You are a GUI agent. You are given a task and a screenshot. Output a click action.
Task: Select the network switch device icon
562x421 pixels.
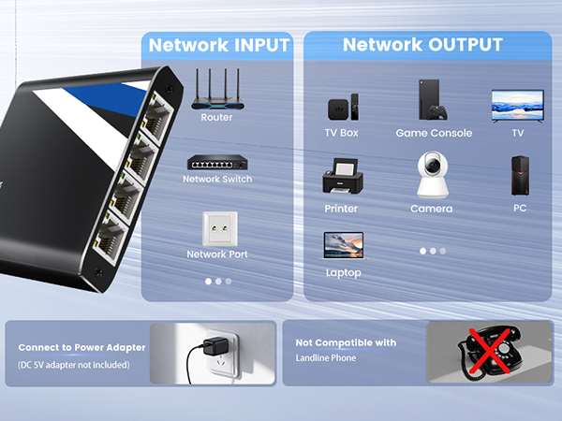click(x=217, y=163)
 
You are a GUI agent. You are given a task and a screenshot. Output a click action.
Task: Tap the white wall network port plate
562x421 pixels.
click(x=220, y=229)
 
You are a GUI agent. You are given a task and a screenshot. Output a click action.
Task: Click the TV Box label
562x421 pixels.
click(x=341, y=133)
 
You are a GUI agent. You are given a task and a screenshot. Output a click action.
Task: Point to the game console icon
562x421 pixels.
click(x=433, y=100)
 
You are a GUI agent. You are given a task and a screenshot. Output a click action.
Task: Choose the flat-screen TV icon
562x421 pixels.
click(x=518, y=107)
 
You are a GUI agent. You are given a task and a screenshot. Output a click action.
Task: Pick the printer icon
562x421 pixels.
click(x=343, y=176)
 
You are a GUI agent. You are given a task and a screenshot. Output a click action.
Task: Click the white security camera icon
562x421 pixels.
click(x=433, y=175)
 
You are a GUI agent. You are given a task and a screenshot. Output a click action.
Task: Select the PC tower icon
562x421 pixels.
click(x=520, y=176)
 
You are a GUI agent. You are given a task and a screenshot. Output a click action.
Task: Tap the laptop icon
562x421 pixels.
click(x=344, y=245)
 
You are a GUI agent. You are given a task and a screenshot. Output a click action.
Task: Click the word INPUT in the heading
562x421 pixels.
click(x=261, y=45)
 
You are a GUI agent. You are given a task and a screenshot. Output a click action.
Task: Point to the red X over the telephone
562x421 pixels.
click(x=489, y=352)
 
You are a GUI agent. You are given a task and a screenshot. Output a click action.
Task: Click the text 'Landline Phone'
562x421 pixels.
click(x=326, y=358)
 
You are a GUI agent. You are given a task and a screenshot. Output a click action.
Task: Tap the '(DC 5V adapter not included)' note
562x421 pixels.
click(x=74, y=365)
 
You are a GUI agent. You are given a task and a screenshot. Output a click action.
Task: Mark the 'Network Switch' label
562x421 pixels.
click(x=217, y=179)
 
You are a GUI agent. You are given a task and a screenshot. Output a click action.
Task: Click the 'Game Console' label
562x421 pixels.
click(x=434, y=133)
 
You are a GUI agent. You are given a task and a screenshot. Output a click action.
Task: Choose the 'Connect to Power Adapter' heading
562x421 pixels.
click(x=82, y=348)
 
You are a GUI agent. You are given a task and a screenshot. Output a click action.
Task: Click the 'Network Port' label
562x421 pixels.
click(x=217, y=254)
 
